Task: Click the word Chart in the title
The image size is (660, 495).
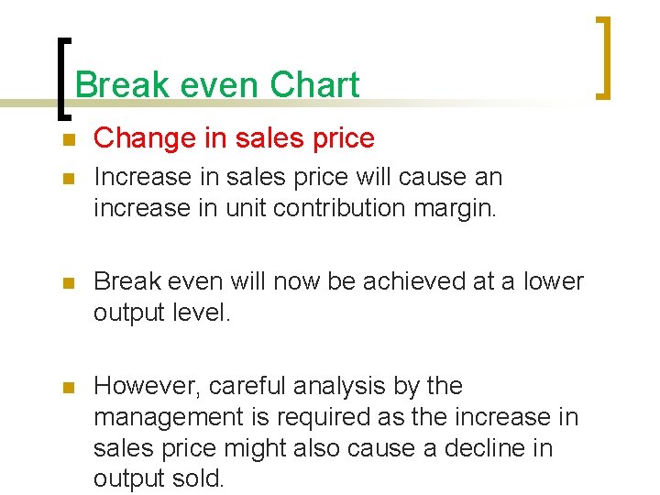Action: pos(314,85)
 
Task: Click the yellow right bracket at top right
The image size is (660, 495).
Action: pos(604,58)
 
